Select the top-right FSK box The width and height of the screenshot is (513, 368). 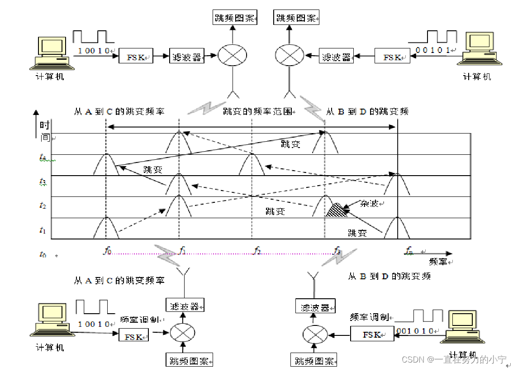[392, 57]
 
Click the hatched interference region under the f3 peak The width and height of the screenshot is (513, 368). [335, 210]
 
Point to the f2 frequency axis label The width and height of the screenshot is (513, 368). [257, 250]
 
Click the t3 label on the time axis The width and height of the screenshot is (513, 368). [43, 182]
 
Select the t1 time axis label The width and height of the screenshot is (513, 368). [43, 230]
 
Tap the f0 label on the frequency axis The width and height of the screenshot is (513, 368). [107, 250]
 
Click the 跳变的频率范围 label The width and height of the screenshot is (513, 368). [258, 111]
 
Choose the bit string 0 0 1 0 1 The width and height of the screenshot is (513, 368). [433, 50]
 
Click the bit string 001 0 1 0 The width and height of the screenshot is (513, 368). [415, 330]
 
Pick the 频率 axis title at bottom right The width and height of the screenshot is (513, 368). [439, 261]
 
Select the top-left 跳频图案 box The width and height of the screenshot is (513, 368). [234, 19]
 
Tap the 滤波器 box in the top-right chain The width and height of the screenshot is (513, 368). [337, 57]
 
